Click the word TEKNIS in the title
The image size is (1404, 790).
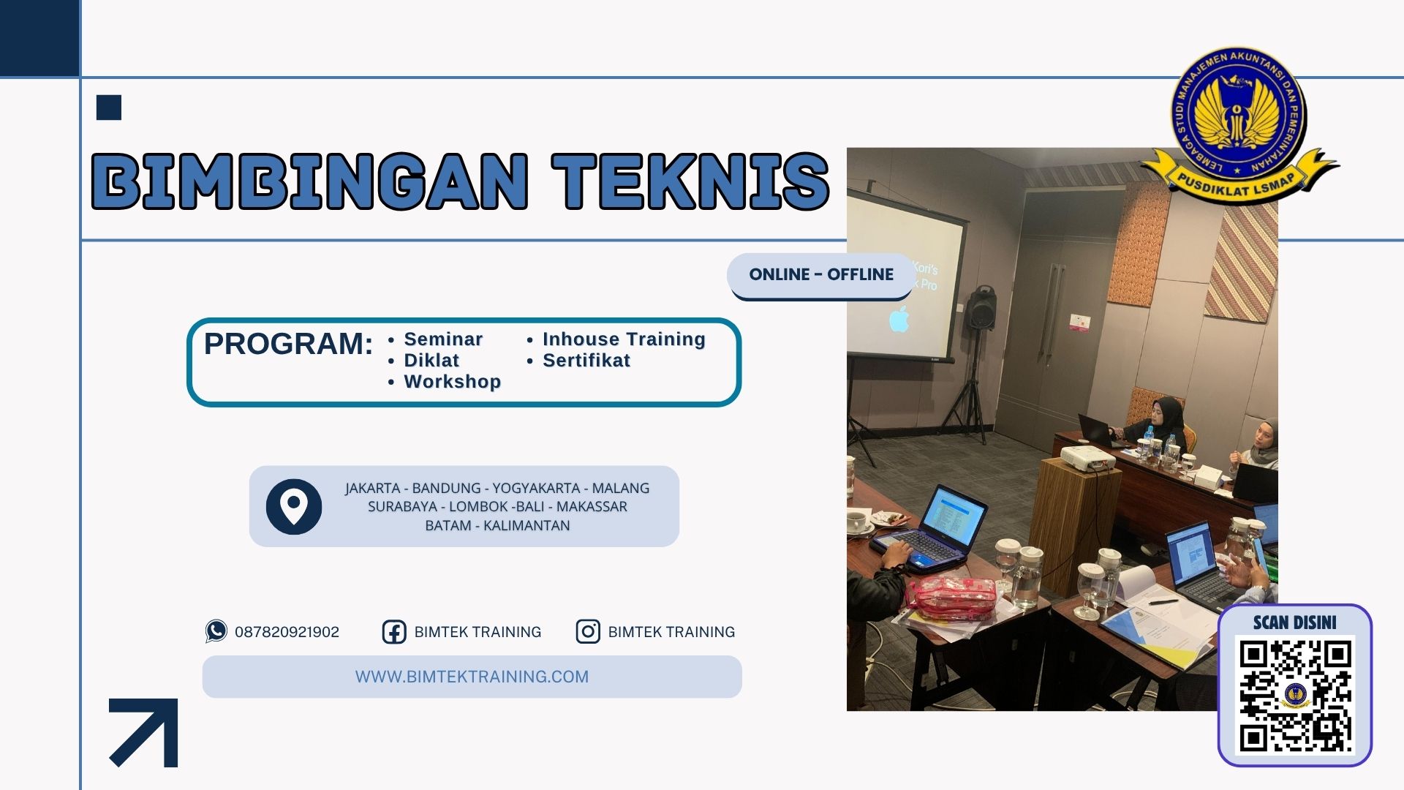pyautogui.click(x=690, y=181)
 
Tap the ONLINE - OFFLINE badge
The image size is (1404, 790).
pyautogui.click(x=820, y=275)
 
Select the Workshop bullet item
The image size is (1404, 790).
pyautogui.click(x=451, y=382)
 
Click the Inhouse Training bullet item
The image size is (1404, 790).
pyautogui.click(x=623, y=339)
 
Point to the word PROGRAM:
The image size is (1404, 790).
pyautogui.click(x=288, y=344)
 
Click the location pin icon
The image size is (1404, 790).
pyautogui.click(x=294, y=506)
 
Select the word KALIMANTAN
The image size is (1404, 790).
pyautogui.click(x=526, y=525)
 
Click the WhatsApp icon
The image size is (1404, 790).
pyautogui.click(x=216, y=631)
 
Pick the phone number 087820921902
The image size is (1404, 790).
pyautogui.click(x=287, y=632)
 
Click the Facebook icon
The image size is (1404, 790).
pyautogui.click(x=394, y=632)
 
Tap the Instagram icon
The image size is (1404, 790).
pyautogui.click(x=588, y=631)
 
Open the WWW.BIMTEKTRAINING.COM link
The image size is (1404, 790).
pyautogui.click(x=472, y=677)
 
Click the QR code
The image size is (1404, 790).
pyautogui.click(x=1295, y=696)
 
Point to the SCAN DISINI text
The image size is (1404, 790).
pyautogui.click(x=1294, y=622)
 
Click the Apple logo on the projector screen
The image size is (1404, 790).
pyautogui.click(x=899, y=319)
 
